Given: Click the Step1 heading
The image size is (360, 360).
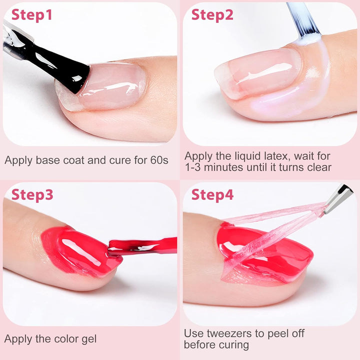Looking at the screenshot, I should tap(32, 15).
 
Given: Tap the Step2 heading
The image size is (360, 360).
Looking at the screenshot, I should tap(212, 15).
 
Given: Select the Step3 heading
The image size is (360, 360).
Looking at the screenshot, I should tap(32, 194).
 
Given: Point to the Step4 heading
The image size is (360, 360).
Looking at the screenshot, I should tap(212, 194).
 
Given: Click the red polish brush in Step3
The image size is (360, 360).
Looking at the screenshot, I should tap(145, 245).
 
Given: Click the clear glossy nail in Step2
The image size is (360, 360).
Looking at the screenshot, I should tap(260, 72).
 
